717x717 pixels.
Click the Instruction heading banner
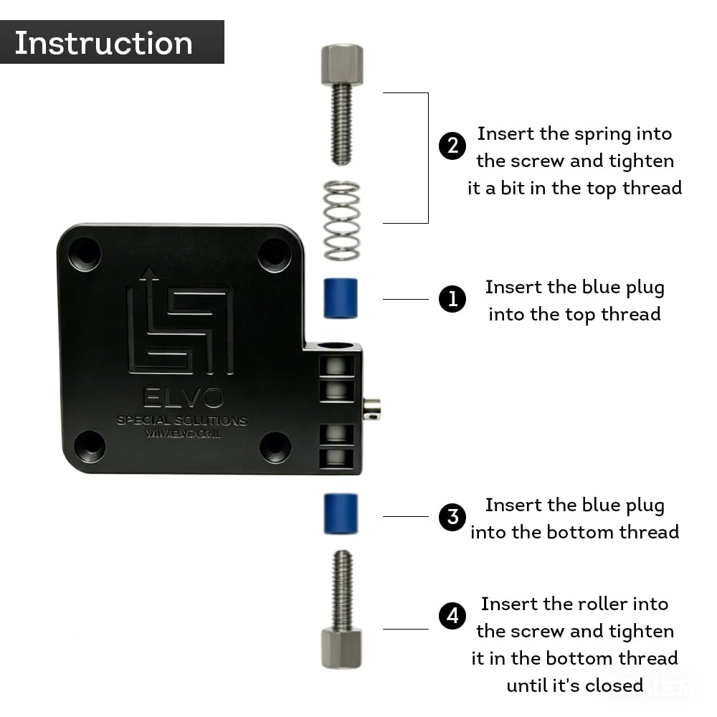pyautogui.click(x=112, y=42)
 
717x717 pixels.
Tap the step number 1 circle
pyautogui.click(x=452, y=299)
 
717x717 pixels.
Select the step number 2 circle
pyautogui.click(x=452, y=146)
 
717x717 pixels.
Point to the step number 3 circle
pyautogui.click(x=452, y=517)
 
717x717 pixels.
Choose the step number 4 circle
pyautogui.click(x=452, y=615)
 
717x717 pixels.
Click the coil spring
pyautogui.click(x=341, y=221)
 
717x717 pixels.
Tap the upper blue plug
pyautogui.click(x=341, y=298)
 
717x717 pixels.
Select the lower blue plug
pyautogui.click(x=341, y=513)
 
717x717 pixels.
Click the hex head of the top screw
pyautogui.click(x=342, y=65)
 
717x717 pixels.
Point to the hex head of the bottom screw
pyautogui.click(x=341, y=648)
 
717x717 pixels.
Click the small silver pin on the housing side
pyautogui.click(x=371, y=409)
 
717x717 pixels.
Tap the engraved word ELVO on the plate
pyautogui.click(x=184, y=397)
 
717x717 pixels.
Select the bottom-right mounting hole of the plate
pyautogui.click(x=275, y=447)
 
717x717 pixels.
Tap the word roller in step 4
pyautogui.click(x=602, y=604)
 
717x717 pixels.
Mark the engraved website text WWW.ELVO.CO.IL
pyautogui.click(x=183, y=433)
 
